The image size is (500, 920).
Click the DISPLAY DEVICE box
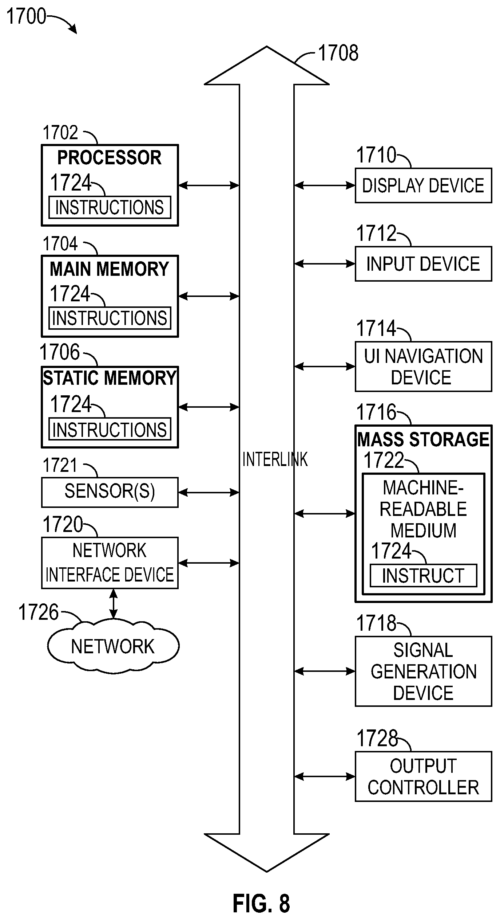pyautogui.click(x=423, y=185)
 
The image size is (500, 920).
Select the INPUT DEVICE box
pyautogui.click(x=423, y=264)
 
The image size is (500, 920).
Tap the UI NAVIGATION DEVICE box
pyautogui.click(x=423, y=367)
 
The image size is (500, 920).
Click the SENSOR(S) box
pyautogui.click(x=110, y=492)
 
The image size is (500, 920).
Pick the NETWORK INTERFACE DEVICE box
pyautogui.click(x=110, y=563)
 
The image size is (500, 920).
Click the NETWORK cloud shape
pyautogui.click(x=113, y=646)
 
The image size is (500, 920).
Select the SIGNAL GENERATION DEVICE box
pyautogui.click(x=423, y=671)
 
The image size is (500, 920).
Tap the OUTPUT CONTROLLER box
pyautogui.click(x=423, y=777)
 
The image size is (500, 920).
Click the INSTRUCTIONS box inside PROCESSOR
pyautogui.click(x=110, y=207)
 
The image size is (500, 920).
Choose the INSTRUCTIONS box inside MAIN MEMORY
pyautogui.click(x=110, y=318)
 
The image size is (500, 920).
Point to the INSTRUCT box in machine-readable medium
pyautogui.click(x=423, y=576)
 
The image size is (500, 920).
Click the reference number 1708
pyautogui.click(x=338, y=53)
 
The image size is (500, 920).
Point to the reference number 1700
pyautogui.click(x=27, y=16)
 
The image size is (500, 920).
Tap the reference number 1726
pyautogui.click(x=38, y=612)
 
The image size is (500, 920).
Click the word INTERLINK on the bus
pyautogui.click(x=275, y=459)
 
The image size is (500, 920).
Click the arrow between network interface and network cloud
pyautogui.click(x=114, y=604)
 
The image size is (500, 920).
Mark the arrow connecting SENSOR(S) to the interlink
pyautogui.click(x=209, y=493)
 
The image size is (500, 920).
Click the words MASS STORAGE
pyautogui.click(x=423, y=439)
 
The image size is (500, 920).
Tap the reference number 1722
pyautogui.click(x=384, y=460)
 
